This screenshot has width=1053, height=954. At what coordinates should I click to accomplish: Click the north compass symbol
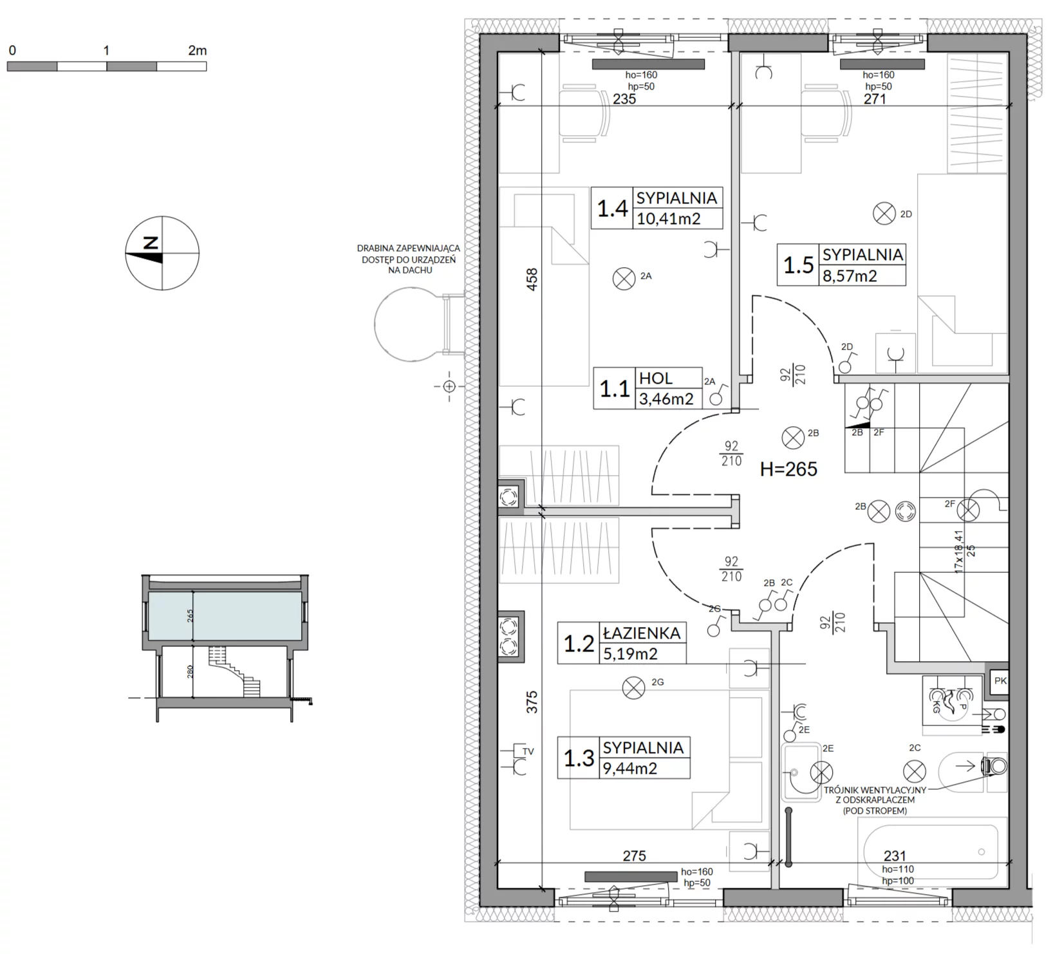(x=162, y=253)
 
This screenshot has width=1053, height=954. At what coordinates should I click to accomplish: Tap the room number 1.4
(x=612, y=209)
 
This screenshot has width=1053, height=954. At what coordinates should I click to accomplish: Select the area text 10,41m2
(x=668, y=219)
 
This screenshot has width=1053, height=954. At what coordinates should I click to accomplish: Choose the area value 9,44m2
(x=629, y=768)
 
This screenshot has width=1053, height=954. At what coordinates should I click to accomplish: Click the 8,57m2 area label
(x=850, y=276)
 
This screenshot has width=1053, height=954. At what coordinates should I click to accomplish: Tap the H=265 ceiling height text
(x=788, y=469)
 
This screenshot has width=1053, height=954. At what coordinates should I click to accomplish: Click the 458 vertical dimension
(x=532, y=281)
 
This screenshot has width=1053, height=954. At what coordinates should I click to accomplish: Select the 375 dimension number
(x=532, y=702)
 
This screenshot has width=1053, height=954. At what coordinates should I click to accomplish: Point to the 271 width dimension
(x=875, y=99)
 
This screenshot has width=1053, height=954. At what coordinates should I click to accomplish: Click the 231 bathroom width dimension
(x=895, y=856)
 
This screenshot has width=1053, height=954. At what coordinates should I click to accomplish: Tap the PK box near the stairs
(x=1000, y=681)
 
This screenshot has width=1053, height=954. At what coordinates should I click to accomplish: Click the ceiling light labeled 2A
(x=623, y=279)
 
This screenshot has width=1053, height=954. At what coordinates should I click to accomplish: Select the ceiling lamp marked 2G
(x=634, y=687)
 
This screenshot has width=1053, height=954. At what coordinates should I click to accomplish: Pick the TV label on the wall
(x=528, y=751)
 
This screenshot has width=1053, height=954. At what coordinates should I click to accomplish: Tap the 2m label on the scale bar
(x=198, y=51)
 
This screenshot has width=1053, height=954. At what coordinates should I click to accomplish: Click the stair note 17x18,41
(x=958, y=552)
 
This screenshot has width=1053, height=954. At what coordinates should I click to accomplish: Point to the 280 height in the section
(x=191, y=672)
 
